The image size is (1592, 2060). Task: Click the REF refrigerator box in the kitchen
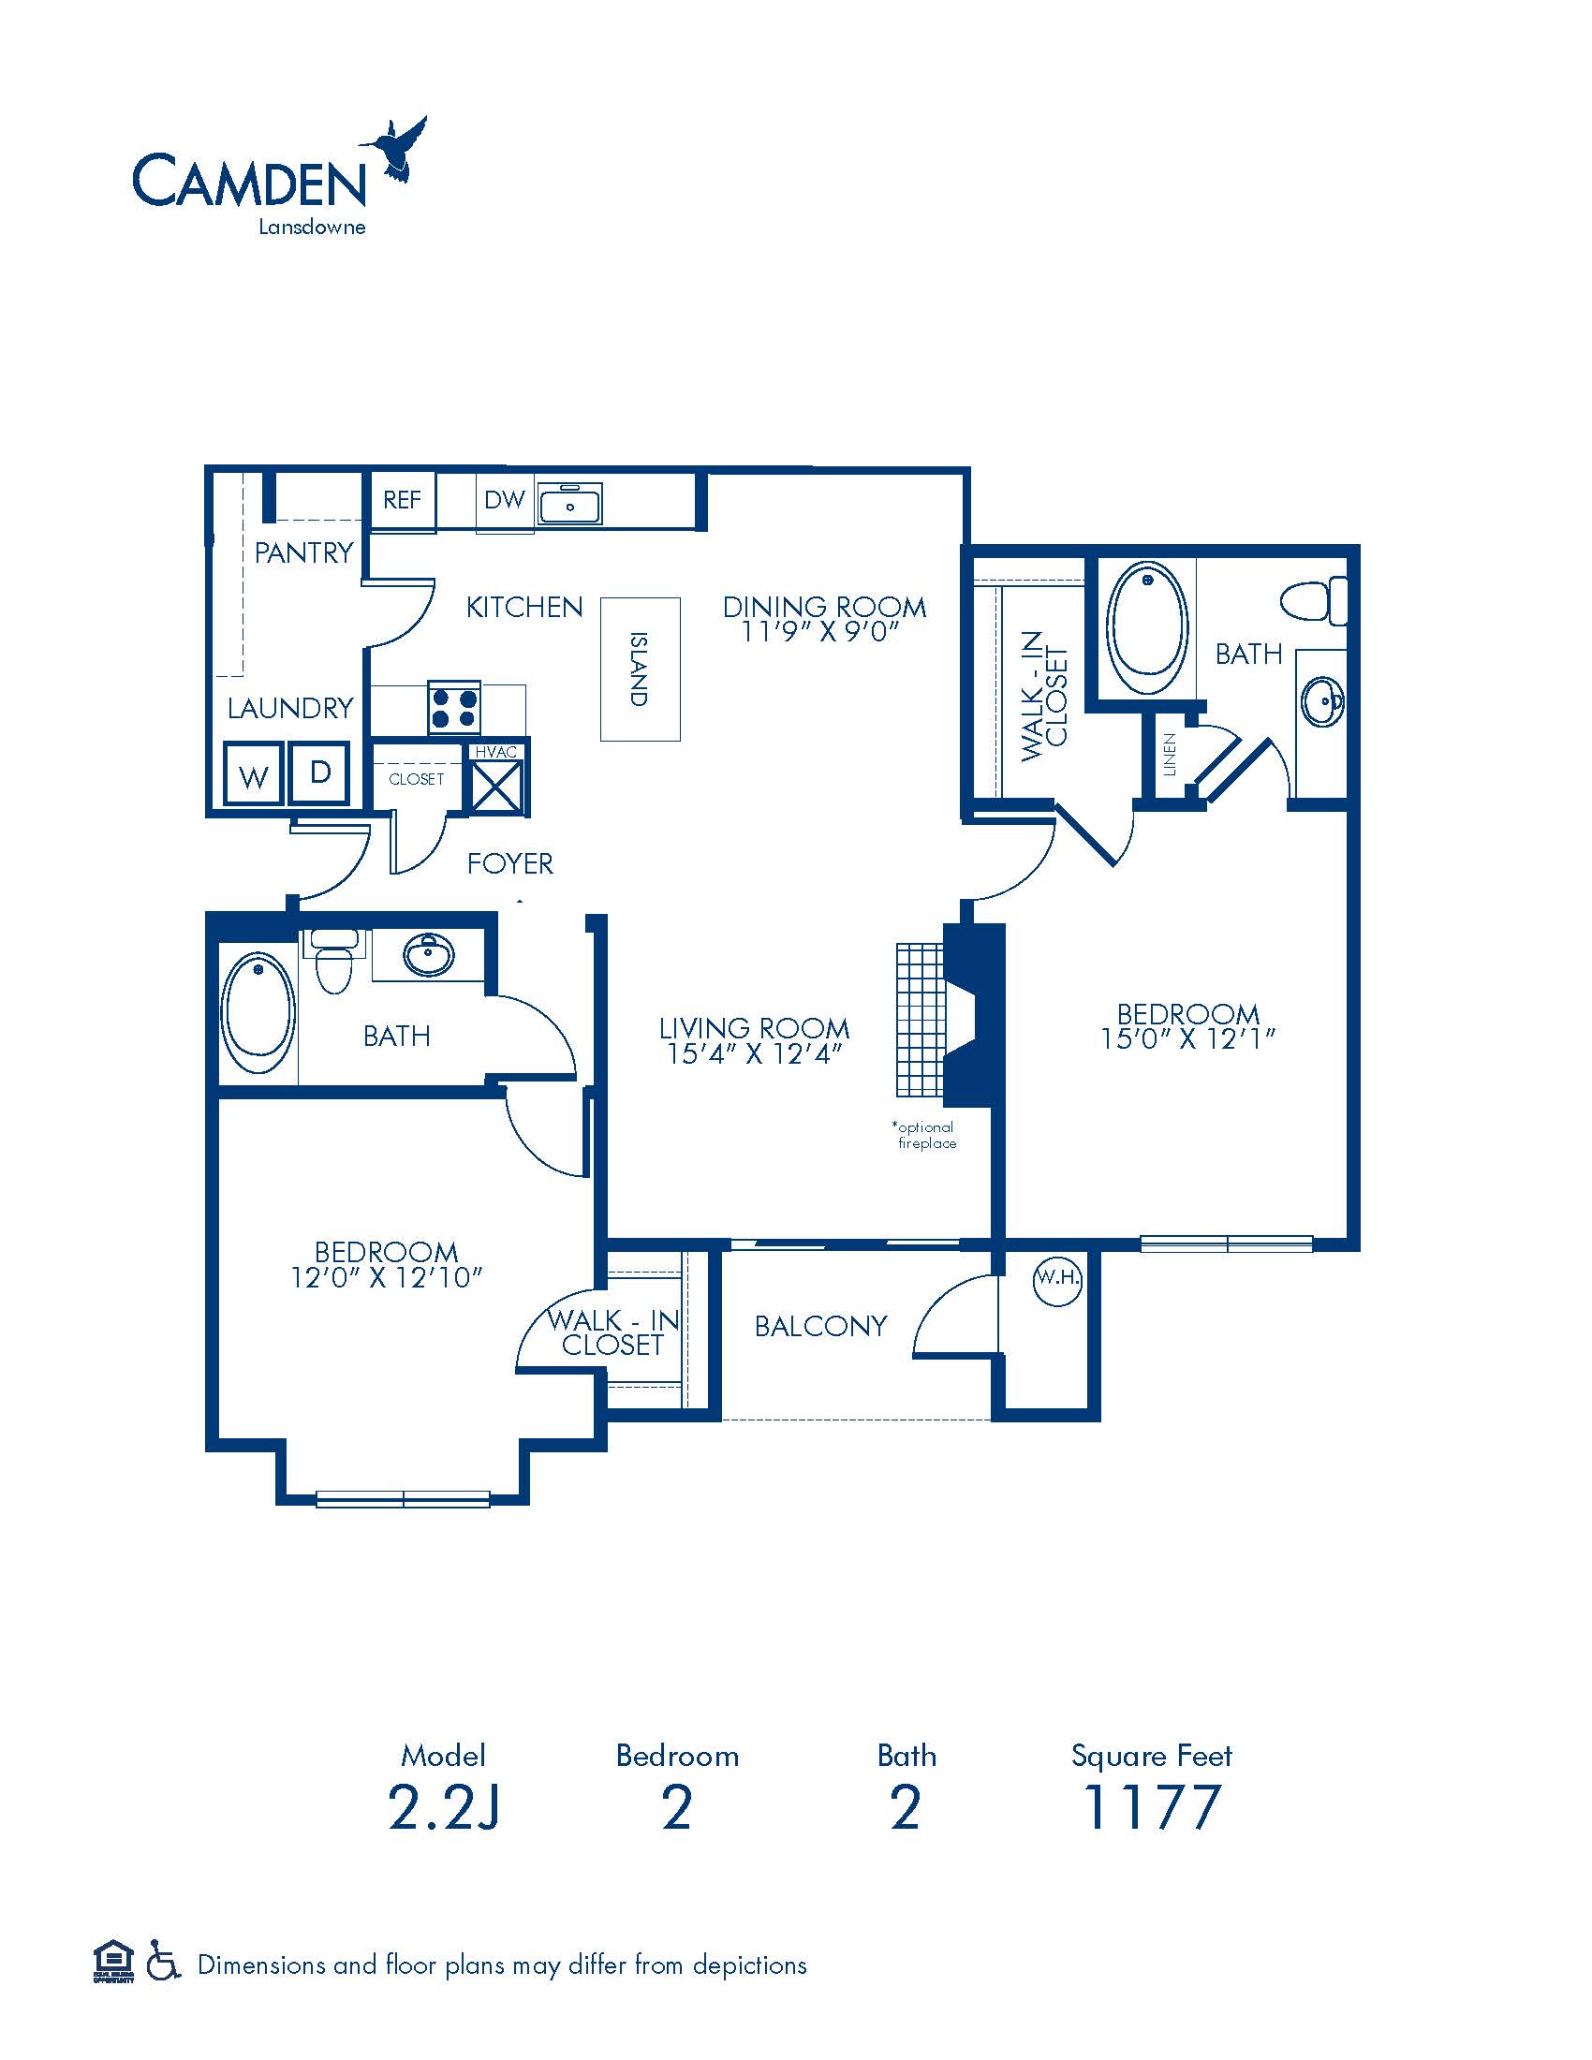pyautogui.click(x=401, y=501)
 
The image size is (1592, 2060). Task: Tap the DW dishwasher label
pyautogui.click(x=504, y=500)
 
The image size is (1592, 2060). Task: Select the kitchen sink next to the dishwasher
pyautogui.click(x=569, y=503)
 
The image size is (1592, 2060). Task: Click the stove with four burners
pyautogui.click(x=453, y=707)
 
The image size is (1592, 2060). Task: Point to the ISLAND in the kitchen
pyautogui.click(x=641, y=669)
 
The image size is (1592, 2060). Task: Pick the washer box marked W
pyautogui.click(x=253, y=774)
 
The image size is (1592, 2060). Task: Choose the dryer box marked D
pyautogui.click(x=319, y=772)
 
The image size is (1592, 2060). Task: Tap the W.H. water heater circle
pyautogui.click(x=1057, y=1281)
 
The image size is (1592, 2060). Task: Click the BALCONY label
pyautogui.click(x=820, y=1326)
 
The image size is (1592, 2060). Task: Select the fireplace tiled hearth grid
pyautogui.click(x=920, y=1020)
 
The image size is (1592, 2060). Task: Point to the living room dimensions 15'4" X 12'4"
pyautogui.click(x=754, y=1053)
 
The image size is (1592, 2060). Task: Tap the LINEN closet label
pyautogui.click(x=1170, y=755)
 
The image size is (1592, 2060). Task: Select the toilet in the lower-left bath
pyautogui.click(x=332, y=961)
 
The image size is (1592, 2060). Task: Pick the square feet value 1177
pyautogui.click(x=1152, y=1827)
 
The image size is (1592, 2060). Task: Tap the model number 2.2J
pyautogui.click(x=443, y=1827)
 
